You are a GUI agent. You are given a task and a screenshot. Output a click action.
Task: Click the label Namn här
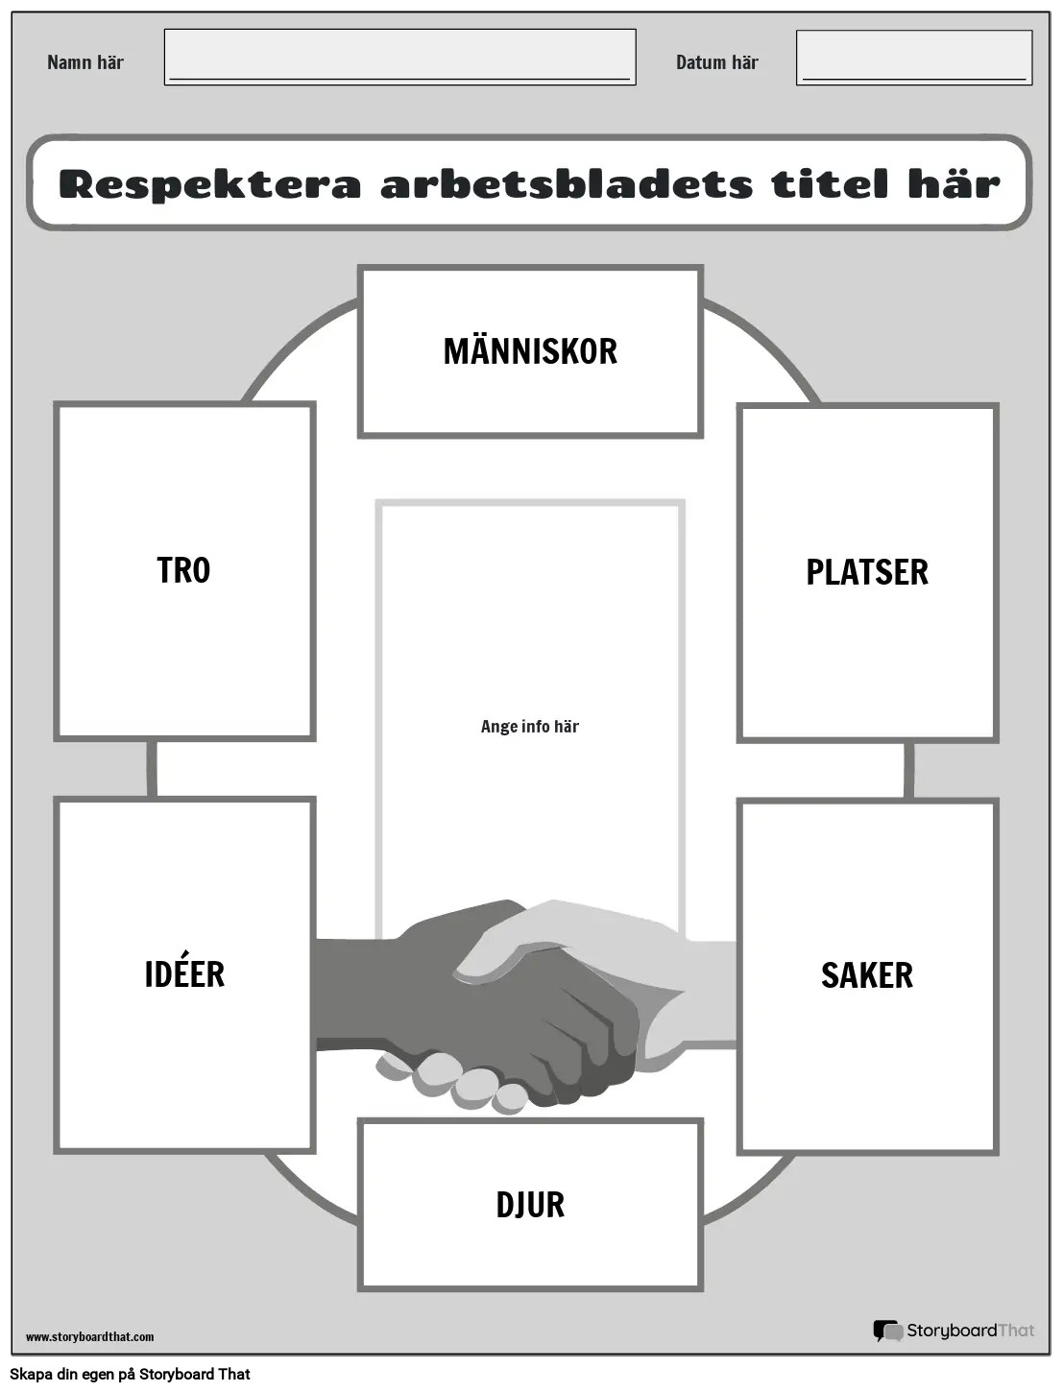(85, 62)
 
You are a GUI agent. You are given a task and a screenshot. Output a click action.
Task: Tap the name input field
(399, 57)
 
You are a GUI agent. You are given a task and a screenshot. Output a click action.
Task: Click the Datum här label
(716, 62)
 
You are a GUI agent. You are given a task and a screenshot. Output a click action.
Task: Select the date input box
(914, 57)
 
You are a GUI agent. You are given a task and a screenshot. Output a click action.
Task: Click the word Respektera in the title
(210, 185)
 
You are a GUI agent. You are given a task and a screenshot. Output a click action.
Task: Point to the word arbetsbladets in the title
(567, 184)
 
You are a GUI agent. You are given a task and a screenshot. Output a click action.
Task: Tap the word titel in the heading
(830, 184)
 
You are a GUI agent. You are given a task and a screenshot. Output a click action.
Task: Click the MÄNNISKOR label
(530, 351)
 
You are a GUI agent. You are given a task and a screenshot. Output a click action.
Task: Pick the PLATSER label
(867, 572)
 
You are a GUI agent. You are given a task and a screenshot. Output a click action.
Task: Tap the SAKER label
(867, 975)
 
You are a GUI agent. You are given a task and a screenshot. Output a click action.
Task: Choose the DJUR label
(530, 1205)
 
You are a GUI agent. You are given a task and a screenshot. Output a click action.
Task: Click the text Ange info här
(530, 726)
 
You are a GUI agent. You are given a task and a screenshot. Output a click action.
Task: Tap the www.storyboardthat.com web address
(89, 1337)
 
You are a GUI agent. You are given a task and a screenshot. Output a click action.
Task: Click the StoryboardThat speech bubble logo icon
(888, 1331)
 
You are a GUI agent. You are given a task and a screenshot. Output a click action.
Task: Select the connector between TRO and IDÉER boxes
(152, 769)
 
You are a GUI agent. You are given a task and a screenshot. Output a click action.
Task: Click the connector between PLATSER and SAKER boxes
(908, 771)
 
